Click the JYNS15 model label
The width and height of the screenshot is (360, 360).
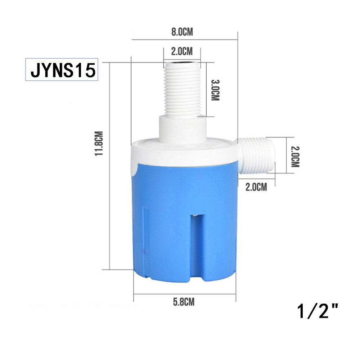[x=62, y=70]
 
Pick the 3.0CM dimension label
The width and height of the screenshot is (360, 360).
[x=215, y=90]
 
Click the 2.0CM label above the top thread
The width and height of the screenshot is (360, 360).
[x=181, y=51]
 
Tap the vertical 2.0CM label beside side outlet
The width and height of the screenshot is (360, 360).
[x=295, y=156]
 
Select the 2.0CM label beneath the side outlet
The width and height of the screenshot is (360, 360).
[x=256, y=187]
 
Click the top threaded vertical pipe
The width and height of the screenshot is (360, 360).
[x=182, y=90]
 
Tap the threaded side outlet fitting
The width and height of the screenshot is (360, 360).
[x=256, y=156]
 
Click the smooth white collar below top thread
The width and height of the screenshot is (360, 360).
[x=182, y=128]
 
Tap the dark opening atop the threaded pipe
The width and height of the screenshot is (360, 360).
[x=182, y=65]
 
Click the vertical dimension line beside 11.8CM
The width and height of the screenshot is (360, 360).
[x=109, y=166]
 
